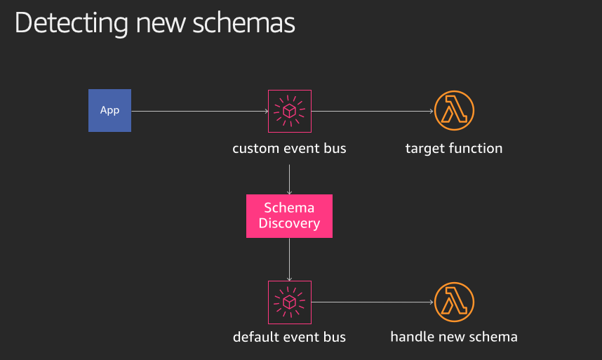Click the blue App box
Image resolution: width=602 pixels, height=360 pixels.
pyautogui.click(x=109, y=111)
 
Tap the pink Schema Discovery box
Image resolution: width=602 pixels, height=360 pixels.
pyautogui.click(x=289, y=216)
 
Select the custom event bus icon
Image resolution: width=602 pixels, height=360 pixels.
pyautogui.click(x=290, y=112)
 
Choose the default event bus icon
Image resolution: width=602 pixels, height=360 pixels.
pyautogui.click(x=290, y=302)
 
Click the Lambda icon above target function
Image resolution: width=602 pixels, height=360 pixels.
pyautogui.click(x=454, y=111)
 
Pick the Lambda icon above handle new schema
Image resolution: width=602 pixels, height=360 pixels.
pyautogui.click(x=454, y=302)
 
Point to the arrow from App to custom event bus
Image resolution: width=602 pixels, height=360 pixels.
pyautogui.click(x=200, y=112)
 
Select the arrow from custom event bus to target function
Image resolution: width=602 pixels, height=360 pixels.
pyautogui.click(x=373, y=112)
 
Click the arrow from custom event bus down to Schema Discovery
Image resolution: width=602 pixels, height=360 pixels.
pyautogui.click(x=289, y=180)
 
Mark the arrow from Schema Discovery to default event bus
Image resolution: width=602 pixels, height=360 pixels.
pyautogui.click(x=289, y=260)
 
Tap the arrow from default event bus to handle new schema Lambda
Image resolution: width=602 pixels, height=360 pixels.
pyautogui.click(x=373, y=302)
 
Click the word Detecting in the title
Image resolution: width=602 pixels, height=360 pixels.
pyautogui.click(x=72, y=23)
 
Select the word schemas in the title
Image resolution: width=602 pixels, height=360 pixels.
pyautogui.click(x=243, y=23)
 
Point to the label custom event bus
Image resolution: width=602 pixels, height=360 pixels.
pyautogui.click(x=289, y=148)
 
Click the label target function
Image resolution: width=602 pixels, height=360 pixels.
pyautogui.click(x=454, y=148)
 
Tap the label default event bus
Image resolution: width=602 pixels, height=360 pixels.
pyautogui.click(x=289, y=337)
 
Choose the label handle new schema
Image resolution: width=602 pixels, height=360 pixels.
pyautogui.click(x=454, y=337)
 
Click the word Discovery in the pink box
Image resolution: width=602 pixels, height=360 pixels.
pyautogui.click(x=289, y=223)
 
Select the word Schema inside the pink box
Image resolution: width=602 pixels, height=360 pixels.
pyautogui.click(x=289, y=208)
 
